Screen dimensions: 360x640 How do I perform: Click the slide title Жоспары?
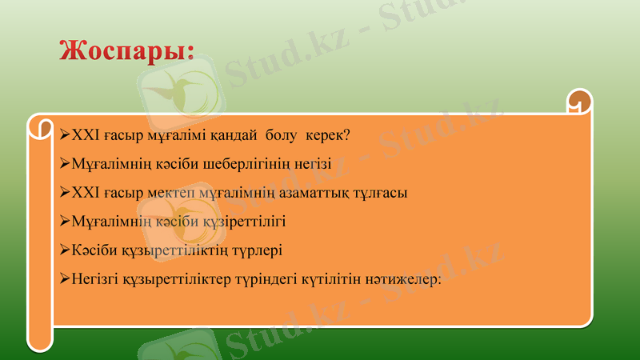tap(126, 50)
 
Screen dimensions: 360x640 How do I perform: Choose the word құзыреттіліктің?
tap(166, 250)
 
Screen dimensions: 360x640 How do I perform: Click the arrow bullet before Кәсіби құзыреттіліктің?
tap(65, 250)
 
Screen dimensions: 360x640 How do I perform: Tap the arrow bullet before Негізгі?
tap(65, 279)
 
